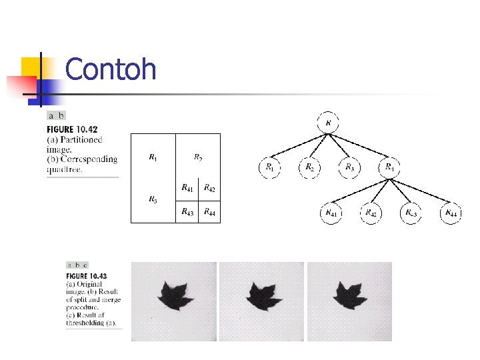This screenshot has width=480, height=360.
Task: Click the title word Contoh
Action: tap(111, 69)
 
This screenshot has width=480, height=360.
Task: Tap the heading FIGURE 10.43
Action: tap(86, 275)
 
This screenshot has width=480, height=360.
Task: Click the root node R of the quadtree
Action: tap(328, 123)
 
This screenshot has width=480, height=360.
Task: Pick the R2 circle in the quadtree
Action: tap(309, 167)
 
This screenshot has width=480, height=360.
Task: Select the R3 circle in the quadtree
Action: tap(349, 167)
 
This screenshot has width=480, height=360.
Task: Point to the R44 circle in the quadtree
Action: tap(451, 213)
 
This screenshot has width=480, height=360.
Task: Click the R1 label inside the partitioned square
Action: tap(153, 158)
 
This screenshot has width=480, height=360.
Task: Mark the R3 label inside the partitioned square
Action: tap(153, 199)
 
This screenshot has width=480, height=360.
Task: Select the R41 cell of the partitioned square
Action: tap(187, 189)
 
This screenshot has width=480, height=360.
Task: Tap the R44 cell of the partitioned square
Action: tap(209, 212)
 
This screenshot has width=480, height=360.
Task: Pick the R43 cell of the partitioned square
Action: tap(187, 212)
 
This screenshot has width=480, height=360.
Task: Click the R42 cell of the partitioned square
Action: tap(209, 189)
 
